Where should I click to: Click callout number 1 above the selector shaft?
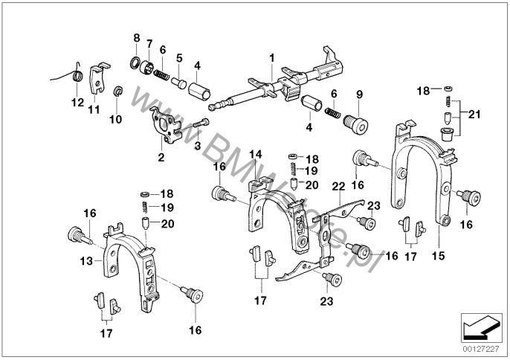pos(272,57)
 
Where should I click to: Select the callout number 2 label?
pos(161,157)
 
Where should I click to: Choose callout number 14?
pos(256,154)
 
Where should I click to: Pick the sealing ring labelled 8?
pos(137,61)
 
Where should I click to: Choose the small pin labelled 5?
pos(179,80)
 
